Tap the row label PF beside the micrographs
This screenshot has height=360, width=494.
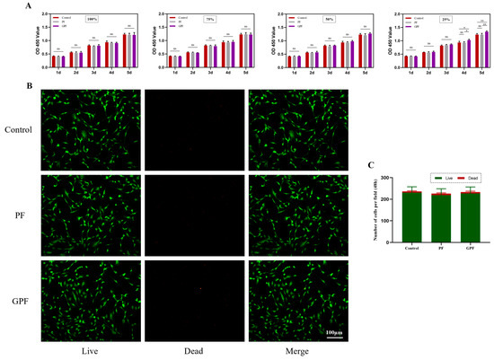[18, 215]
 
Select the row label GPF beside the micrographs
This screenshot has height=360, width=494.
[18, 301]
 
